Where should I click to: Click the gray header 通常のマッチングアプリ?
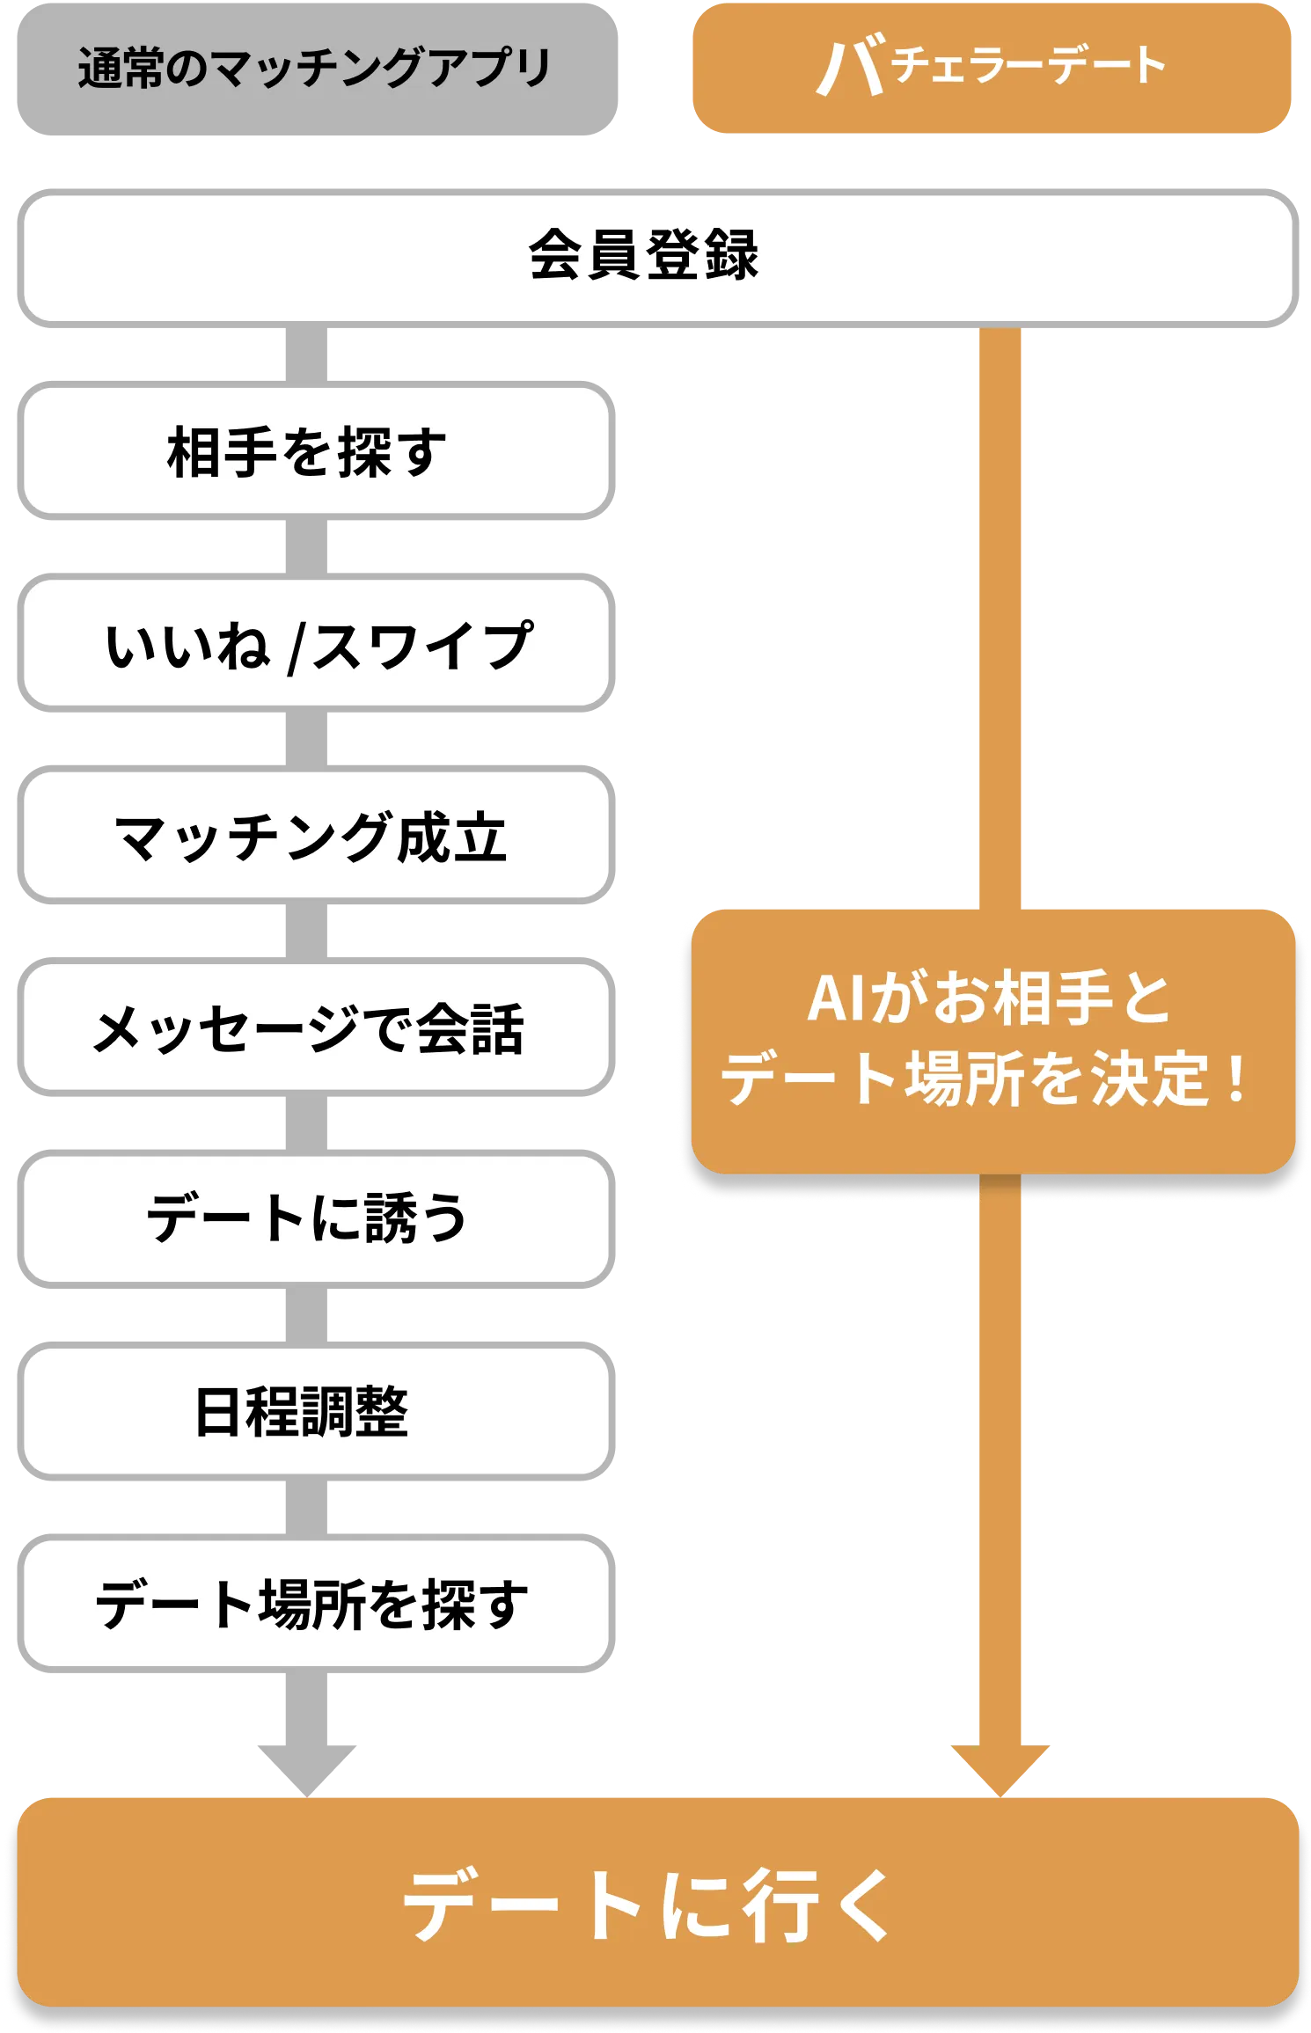click(x=317, y=69)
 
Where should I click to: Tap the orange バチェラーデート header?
click(x=992, y=68)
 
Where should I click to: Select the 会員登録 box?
click(x=657, y=259)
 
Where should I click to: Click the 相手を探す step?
click(x=316, y=450)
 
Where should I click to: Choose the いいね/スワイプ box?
click(x=316, y=643)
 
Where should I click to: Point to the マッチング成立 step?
click(x=316, y=835)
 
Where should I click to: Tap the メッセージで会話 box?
click(x=316, y=1027)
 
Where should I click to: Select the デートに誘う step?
click(x=316, y=1219)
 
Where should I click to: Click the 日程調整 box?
click(x=316, y=1411)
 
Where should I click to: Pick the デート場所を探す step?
click(x=316, y=1604)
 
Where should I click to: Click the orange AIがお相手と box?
click(x=993, y=1042)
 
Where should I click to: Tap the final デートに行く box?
click(x=657, y=1904)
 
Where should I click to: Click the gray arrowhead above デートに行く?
click(x=307, y=1770)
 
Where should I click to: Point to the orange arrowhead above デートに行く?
click(x=1000, y=1770)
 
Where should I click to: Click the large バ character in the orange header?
click(x=851, y=68)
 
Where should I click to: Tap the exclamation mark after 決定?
click(x=1237, y=1079)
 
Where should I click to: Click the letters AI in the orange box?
click(x=836, y=999)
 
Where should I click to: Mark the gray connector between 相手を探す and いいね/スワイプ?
click(x=306, y=547)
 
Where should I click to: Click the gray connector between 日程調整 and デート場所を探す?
click(x=306, y=1508)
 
